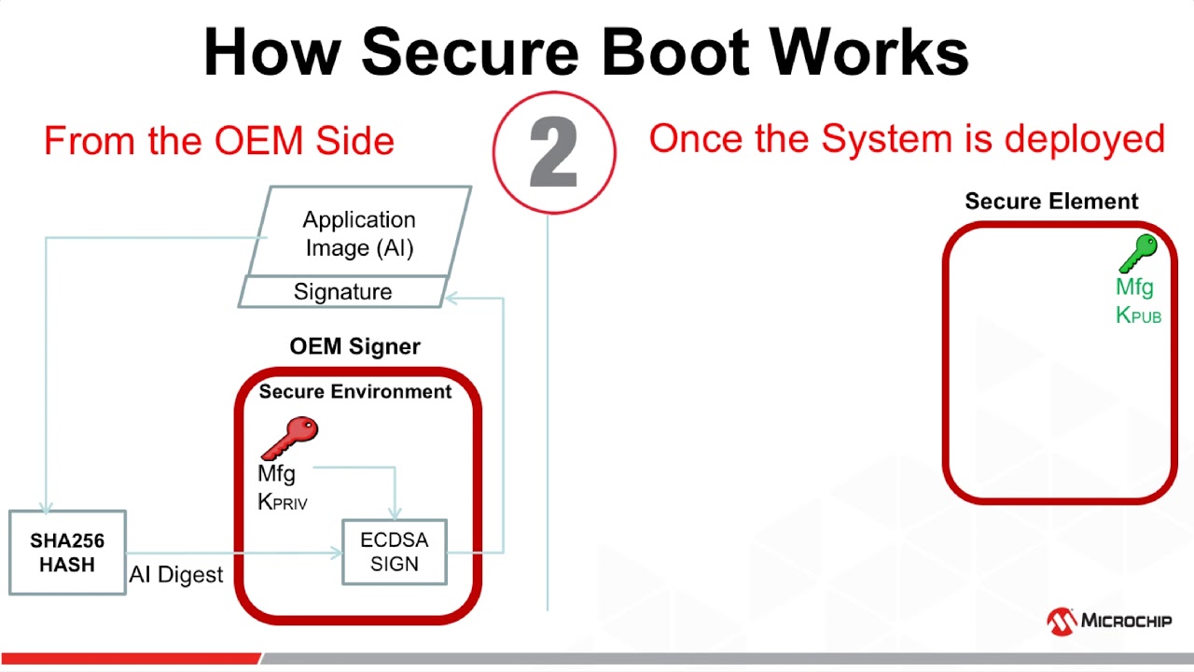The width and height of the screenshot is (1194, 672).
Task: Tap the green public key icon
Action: click(1137, 254)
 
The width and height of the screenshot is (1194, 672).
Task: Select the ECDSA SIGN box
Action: click(395, 552)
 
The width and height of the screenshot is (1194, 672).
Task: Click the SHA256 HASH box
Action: click(67, 553)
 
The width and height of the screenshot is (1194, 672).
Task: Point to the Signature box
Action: click(342, 292)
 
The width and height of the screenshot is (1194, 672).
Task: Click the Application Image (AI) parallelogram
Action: click(359, 232)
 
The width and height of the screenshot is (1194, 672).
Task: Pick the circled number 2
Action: click(554, 152)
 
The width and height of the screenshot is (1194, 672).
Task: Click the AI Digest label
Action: click(176, 574)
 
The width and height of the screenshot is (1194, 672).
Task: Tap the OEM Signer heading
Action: click(354, 346)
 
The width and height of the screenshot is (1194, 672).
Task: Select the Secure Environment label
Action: click(355, 391)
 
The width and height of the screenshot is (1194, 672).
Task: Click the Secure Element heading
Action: click(1051, 202)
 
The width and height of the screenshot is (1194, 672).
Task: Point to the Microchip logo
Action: click(1109, 621)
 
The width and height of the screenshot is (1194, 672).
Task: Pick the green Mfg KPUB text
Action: click(1137, 301)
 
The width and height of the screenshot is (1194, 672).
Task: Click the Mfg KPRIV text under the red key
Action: click(281, 487)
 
